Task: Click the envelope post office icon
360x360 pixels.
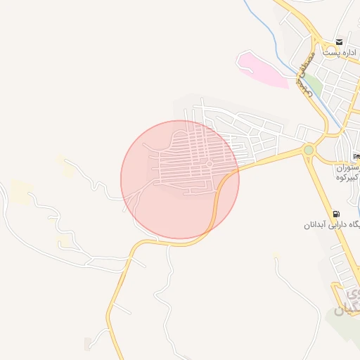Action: pyautogui.click(x=340, y=42)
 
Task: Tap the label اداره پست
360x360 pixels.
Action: pyautogui.click(x=340, y=53)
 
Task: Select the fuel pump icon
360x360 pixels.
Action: pyautogui.click(x=335, y=214)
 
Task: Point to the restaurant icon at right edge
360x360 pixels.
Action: pyautogui.click(x=356, y=155)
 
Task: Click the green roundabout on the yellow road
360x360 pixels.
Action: pyautogui.click(x=308, y=150)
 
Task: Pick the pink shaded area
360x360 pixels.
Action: pyautogui.click(x=262, y=70)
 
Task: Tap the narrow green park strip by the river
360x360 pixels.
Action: pyautogui.click(x=315, y=86)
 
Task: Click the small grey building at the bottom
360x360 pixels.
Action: pyautogui.click(x=87, y=344)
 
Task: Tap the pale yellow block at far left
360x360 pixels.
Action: pyautogui.click(x=20, y=192)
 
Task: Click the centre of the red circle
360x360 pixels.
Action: pyautogui.click(x=180, y=179)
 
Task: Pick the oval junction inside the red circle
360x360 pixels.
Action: pyautogui.click(x=210, y=164)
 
